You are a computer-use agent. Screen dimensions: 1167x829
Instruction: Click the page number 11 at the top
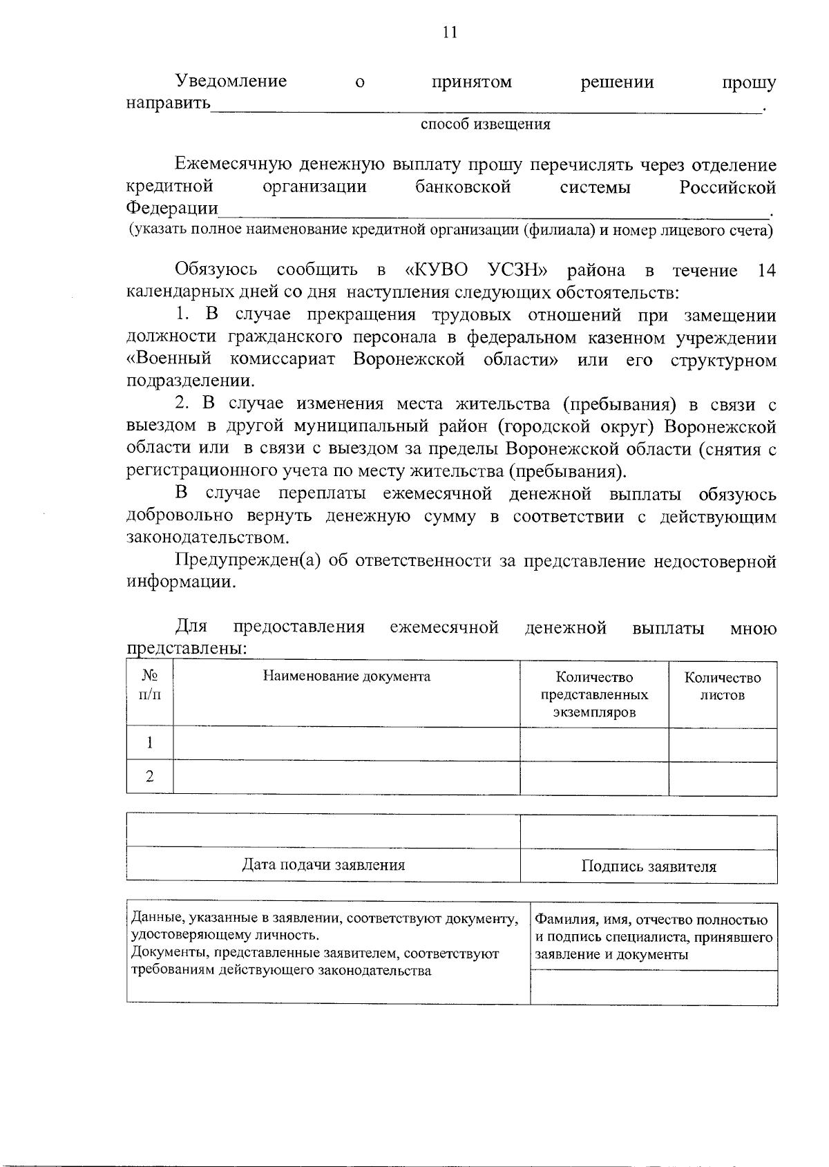pyautogui.click(x=449, y=32)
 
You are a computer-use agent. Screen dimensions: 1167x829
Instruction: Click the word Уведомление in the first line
pyautogui.click(x=231, y=82)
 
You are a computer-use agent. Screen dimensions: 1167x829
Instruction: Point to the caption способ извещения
pyautogui.click(x=485, y=124)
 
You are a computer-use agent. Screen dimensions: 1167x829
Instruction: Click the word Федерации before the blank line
pyautogui.click(x=172, y=208)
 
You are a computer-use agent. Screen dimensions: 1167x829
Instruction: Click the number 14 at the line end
pyautogui.click(x=766, y=270)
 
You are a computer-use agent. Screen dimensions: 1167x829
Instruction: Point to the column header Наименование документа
pyautogui.click(x=346, y=676)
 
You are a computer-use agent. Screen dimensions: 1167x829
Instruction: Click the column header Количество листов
pyautogui.click(x=722, y=686)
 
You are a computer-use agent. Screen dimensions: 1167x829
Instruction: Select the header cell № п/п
pyautogui.click(x=150, y=685)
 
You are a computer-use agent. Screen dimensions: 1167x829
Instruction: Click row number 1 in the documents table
pyautogui.click(x=150, y=743)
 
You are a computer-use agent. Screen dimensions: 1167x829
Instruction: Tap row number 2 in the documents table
pyautogui.click(x=150, y=777)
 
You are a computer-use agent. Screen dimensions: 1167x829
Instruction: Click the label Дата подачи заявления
pyautogui.click(x=323, y=864)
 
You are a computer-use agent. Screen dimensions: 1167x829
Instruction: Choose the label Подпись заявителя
pyautogui.click(x=648, y=866)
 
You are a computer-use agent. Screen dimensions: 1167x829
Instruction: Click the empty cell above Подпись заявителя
pyautogui.click(x=648, y=832)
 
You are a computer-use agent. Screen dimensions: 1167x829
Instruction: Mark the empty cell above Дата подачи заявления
pyautogui.click(x=323, y=831)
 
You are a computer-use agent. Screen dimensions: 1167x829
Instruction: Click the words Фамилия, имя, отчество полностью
pyautogui.click(x=651, y=920)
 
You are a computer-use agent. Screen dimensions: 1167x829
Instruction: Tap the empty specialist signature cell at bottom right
pyautogui.click(x=653, y=987)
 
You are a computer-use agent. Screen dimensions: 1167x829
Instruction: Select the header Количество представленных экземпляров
pyautogui.click(x=594, y=694)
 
